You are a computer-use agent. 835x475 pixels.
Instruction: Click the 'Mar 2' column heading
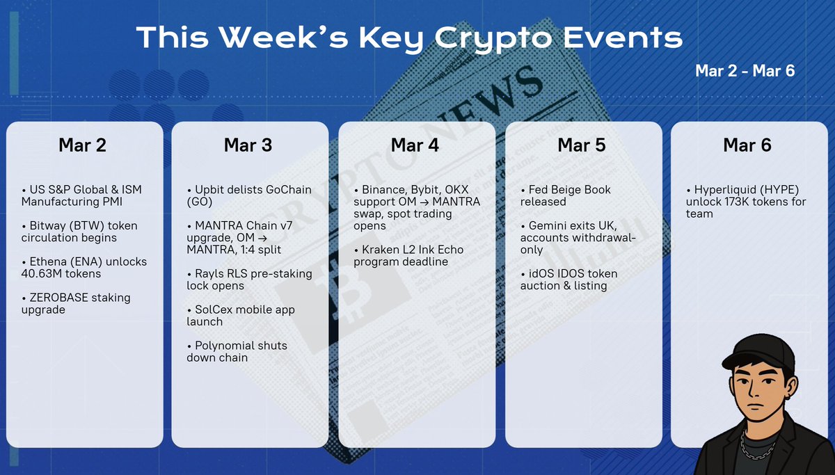(x=82, y=145)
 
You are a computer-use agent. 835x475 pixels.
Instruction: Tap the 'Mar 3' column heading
(x=248, y=145)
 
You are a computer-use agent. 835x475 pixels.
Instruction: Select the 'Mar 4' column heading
(x=415, y=145)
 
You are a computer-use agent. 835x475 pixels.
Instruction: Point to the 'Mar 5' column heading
(x=581, y=145)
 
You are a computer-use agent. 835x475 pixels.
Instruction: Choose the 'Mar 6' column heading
(x=747, y=145)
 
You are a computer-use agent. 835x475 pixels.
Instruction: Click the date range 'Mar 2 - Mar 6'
(x=745, y=70)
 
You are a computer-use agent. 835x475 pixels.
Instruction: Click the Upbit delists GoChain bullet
(x=248, y=196)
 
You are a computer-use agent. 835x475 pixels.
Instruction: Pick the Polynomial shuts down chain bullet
(x=237, y=351)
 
